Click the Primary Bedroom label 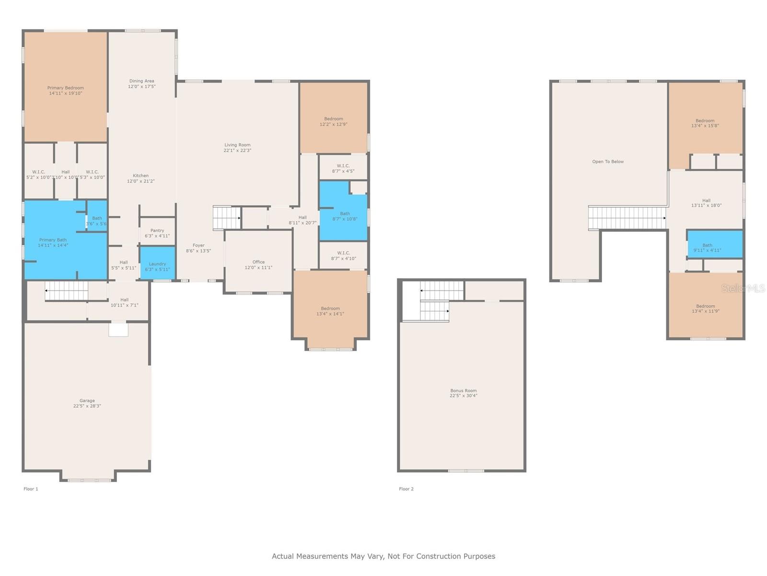(x=65, y=88)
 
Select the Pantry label (x=157, y=231)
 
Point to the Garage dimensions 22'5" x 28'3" (x=87, y=406)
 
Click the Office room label (x=258, y=262)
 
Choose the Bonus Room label (x=463, y=391)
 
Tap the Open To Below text (x=608, y=162)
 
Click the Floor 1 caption (x=31, y=489)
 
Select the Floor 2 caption (x=406, y=489)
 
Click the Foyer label (x=198, y=245)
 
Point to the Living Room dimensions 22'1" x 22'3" (x=237, y=150)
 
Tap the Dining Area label (x=141, y=81)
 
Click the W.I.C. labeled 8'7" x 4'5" (x=343, y=168)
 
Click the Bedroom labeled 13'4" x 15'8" (x=705, y=123)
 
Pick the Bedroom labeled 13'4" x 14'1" (x=330, y=311)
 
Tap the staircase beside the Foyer (x=226, y=218)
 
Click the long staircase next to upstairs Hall (x=627, y=218)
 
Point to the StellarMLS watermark (x=743, y=288)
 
